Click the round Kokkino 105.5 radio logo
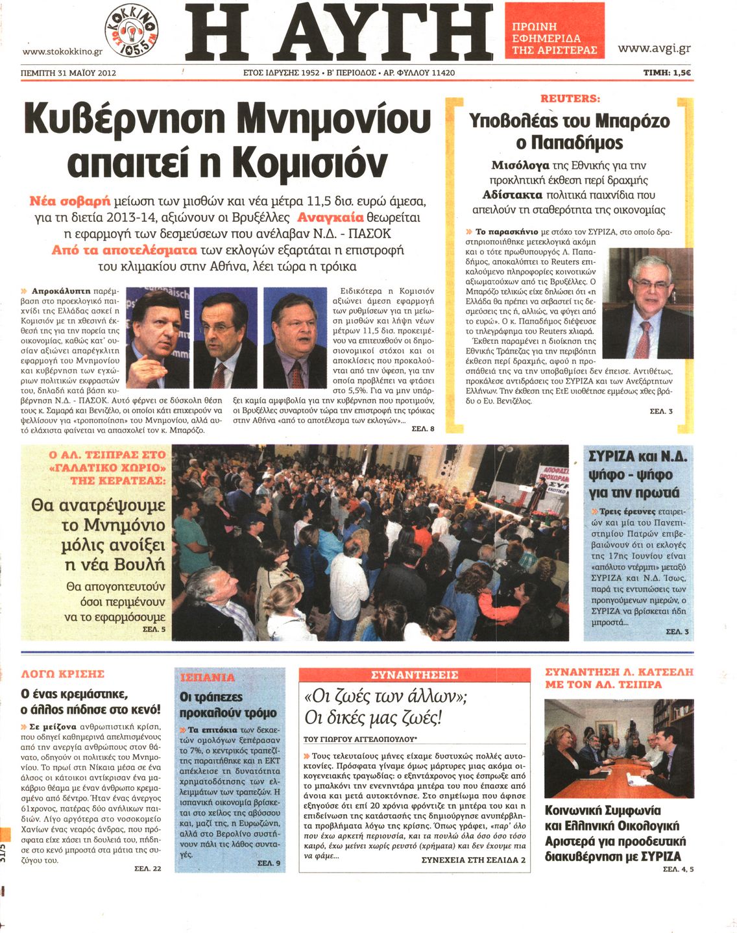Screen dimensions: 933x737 point(132,30)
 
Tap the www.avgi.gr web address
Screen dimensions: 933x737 point(654,49)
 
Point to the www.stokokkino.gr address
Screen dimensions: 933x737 point(62,52)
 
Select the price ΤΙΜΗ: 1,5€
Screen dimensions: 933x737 point(666,73)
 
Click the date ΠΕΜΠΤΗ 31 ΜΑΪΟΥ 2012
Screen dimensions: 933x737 point(69,73)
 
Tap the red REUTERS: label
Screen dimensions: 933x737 point(570,99)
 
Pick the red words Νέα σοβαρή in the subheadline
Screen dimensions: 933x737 point(70,200)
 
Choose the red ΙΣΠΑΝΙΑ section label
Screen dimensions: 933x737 point(207,677)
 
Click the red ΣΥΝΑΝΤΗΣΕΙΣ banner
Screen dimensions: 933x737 point(415,675)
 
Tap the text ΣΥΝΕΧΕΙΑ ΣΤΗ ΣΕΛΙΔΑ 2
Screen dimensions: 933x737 point(474,860)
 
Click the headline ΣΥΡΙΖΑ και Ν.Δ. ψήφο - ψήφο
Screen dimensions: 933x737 point(637,474)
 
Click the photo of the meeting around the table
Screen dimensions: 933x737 point(618,748)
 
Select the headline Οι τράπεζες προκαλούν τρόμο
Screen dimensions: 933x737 point(228,705)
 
